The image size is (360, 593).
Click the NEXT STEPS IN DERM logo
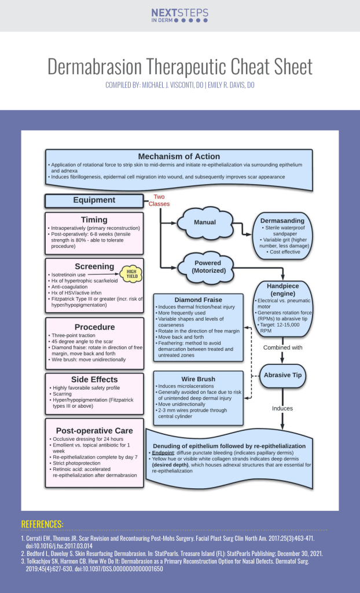point(179,15)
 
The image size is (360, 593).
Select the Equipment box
point(94,200)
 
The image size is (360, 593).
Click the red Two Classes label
point(159,200)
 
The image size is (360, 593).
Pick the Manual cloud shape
point(204,222)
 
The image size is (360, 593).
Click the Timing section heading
point(94,220)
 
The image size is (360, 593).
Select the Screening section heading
point(94,266)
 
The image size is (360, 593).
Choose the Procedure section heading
point(94,327)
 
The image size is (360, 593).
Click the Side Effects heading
point(94,378)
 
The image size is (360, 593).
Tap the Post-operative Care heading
point(94,430)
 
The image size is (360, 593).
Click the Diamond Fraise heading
point(198,299)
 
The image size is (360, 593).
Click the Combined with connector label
point(282,348)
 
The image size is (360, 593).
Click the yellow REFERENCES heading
point(42,524)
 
